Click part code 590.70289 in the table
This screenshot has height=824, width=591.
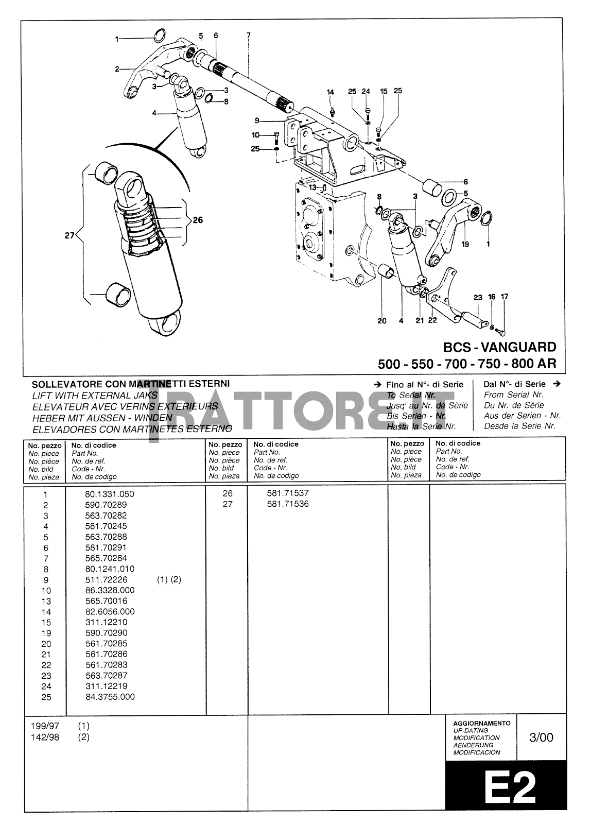click(x=106, y=505)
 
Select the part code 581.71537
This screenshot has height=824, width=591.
click(x=288, y=493)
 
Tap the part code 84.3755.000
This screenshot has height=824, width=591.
click(x=110, y=697)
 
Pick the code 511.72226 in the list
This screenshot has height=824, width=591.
click(x=106, y=579)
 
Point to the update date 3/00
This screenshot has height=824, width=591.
click(x=541, y=737)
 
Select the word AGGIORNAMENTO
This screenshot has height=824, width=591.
click(x=481, y=723)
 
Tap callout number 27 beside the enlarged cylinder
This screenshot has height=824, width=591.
click(x=69, y=236)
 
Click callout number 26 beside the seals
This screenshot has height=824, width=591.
click(x=198, y=220)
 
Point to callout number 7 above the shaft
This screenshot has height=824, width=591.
click(x=249, y=36)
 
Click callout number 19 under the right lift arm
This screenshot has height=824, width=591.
click(x=465, y=244)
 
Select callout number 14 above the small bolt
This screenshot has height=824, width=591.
click(x=331, y=92)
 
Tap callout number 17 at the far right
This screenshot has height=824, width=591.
click(x=505, y=297)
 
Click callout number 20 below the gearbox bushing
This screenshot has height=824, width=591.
click(x=381, y=321)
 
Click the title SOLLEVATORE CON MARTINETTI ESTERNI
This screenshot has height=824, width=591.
click(x=131, y=384)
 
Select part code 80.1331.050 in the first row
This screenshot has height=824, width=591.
click(x=109, y=494)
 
